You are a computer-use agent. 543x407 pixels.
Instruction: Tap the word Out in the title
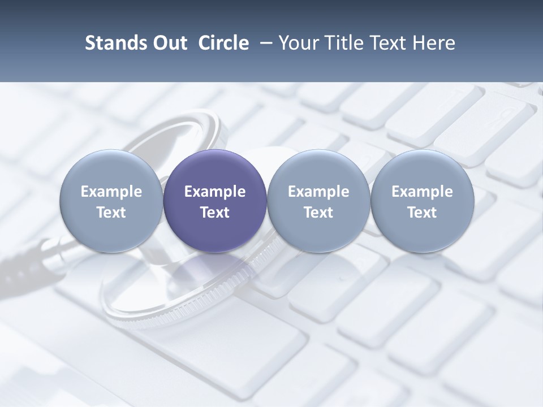click(x=168, y=43)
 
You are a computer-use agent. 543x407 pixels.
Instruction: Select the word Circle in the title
click(x=223, y=43)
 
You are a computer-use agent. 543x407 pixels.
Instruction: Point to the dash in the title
click(x=264, y=44)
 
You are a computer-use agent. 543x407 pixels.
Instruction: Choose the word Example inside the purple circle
click(x=215, y=192)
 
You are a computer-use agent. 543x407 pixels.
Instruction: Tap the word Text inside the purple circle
click(x=215, y=213)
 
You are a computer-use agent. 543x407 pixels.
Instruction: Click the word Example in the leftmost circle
click(x=111, y=192)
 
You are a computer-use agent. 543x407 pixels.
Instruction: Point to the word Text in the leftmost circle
click(x=111, y=213)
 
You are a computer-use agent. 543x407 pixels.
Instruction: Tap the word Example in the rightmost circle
click(x=422, y=192)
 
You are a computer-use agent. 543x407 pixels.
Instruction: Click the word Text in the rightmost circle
click(x=422, y=213)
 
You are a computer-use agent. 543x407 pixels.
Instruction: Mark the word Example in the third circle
click(x=318, y=192)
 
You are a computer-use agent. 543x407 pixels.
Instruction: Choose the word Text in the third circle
click(x=318, y=213)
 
